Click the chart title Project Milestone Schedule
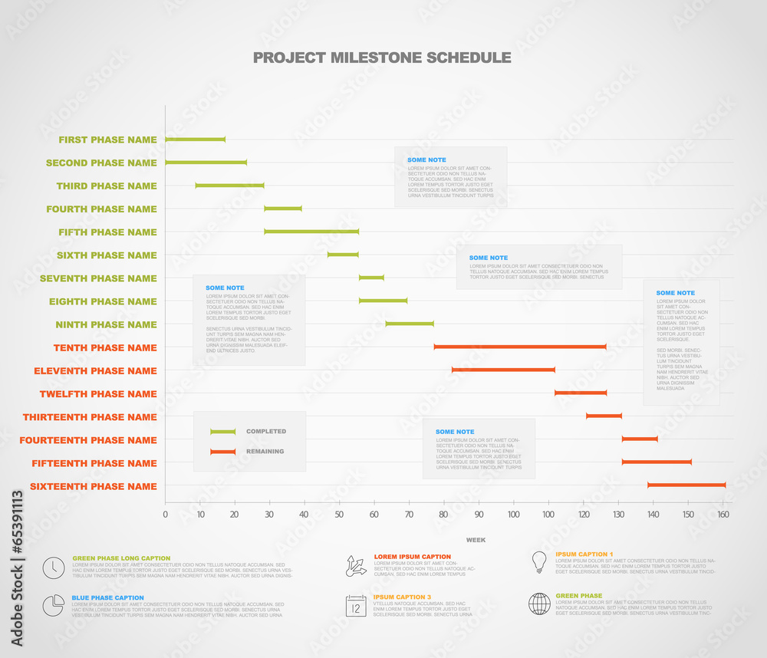[x=382, y=58]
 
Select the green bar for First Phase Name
[x=196, y=140]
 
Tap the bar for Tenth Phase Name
[x=520, y=347]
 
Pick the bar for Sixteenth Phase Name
[x=686, y=485]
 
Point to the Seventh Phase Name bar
[x=371, y=278]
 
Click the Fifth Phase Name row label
[x=107, y=232]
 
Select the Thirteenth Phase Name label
[x=90, y=417]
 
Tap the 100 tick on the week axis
[x=513, y=515]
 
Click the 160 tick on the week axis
[x=723, y=515]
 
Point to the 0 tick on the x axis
[x=165, y=515]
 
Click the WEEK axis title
[x=476, y=540]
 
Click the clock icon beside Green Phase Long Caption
[x=54, y=568]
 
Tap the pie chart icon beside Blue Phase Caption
[x=54, y=605]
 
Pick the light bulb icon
[x=539, y=562]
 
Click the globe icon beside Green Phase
[x=539, y=604]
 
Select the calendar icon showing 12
[x=356, y=606]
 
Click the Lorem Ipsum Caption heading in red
[x=412, y=557]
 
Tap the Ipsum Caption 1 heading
[x=584, y=554]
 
